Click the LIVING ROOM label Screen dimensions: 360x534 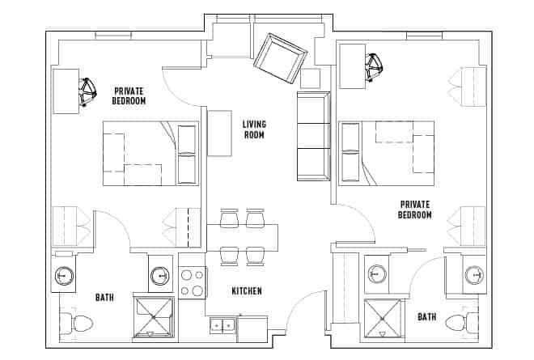(x=254, y=129)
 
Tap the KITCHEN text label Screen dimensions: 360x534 (x=247, y=291)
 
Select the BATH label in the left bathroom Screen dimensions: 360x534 (x=104, y=298)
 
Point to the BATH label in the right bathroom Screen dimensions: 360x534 (x=427, y=317)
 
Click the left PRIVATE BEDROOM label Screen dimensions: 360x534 (x=129, y=95)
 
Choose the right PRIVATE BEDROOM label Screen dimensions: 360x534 (x=414, y=210)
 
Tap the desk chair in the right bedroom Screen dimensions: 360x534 (x=375, y=68)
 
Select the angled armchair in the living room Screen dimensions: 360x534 (x=280, y=57)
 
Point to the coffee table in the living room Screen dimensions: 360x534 (x=219, y=133)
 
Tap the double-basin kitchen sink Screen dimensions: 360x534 (x=222, y=325)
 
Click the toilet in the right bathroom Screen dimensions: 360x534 (x=459, y=322)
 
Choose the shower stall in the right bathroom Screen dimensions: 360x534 (x=383, y=318)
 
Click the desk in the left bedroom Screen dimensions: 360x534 (x=65, y=91)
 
